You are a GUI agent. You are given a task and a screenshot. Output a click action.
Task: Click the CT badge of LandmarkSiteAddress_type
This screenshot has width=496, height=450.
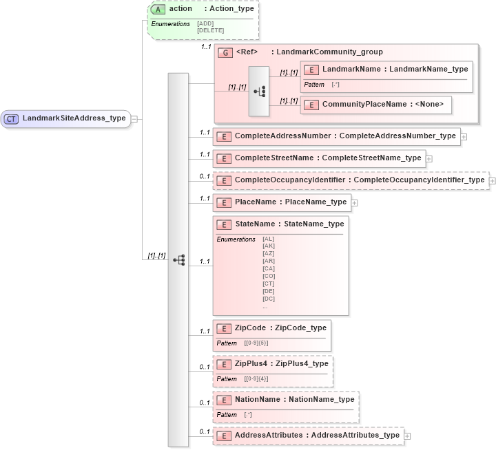[11, 118]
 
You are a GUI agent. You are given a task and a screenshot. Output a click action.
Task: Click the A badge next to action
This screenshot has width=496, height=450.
[158, 9]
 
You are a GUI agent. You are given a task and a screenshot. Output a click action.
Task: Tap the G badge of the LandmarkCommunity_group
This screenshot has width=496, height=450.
[224, 52]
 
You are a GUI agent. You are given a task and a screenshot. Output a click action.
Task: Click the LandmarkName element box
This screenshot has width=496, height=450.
[386, 69]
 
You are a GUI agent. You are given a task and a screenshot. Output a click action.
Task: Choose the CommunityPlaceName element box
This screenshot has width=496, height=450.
[377, 105]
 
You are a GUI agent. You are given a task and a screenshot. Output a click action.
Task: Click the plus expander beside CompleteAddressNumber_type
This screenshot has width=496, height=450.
[464, 136]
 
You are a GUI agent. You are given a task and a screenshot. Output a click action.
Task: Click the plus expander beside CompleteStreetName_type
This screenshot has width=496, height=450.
[429, 158]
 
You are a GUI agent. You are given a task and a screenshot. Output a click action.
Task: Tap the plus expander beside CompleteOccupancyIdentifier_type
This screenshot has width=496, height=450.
[493, 181]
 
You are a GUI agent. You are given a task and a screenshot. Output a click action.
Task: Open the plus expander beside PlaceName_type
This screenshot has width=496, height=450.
[355, 202]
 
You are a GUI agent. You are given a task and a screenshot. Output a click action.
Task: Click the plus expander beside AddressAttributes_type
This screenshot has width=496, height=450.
[408, 436]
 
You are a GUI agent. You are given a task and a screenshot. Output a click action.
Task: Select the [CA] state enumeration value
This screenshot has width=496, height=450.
[268, 268]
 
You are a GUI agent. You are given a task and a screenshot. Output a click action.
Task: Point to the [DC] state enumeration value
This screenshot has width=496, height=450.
[268, 299]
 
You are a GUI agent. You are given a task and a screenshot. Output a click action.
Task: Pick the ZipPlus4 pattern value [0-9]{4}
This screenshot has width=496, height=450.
[256, 378]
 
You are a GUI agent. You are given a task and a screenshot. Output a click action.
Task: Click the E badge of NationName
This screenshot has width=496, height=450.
[223, 400]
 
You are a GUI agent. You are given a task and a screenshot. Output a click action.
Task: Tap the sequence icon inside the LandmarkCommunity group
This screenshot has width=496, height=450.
[259, 91]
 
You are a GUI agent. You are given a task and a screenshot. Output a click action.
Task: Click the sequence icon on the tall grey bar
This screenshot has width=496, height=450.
[178, 260]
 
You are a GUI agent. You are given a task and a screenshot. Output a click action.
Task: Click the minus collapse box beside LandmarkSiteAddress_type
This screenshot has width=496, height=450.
[134, 118]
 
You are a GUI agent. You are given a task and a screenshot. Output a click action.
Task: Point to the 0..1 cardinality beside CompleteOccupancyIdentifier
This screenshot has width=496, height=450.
[205, 176]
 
